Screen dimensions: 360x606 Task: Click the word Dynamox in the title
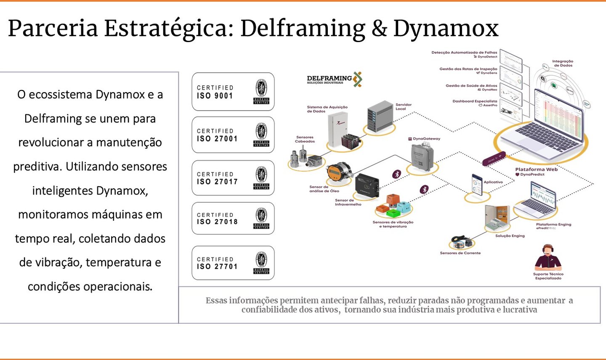pyautogui.click(x=446, y=29)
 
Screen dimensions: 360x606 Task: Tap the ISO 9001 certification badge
pyautogui.click(x=233, y=92)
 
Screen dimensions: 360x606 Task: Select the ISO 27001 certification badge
pyautogui.click(x=233, y=135)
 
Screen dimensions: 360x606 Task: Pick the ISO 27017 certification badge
pyautogui.click(x=233, y=178)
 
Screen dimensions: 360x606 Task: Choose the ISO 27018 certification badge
pyautogui.click(x=233, y=218)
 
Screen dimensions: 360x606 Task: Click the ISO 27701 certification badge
pyautogui.click(x=233, y=263)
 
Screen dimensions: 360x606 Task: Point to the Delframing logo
pyautogui.click(x=335, y=79)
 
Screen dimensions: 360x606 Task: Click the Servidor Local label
pyautogui.click(x=403, y=106)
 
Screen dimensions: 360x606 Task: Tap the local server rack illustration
pyautogui.click(x=380, y=116)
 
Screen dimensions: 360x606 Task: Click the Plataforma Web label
pyautogui.click(x=536, y=169)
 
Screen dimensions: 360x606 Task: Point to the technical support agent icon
pyautogui.click(x=548, y=257)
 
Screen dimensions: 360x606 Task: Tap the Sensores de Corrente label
pyautogui.click(x=460, y=253)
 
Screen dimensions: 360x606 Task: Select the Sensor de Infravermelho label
pyautogui.click(x=348, y=202)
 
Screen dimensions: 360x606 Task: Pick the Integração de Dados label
pyautogui.click(x=563, y=63)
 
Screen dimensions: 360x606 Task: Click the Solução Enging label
pyautogui.click(x=510, y=236)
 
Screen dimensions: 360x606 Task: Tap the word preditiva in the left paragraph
pyautogui.click(x=37, y=167)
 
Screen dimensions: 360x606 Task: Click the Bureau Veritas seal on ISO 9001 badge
pyautogui.click(x=261, y=91)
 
